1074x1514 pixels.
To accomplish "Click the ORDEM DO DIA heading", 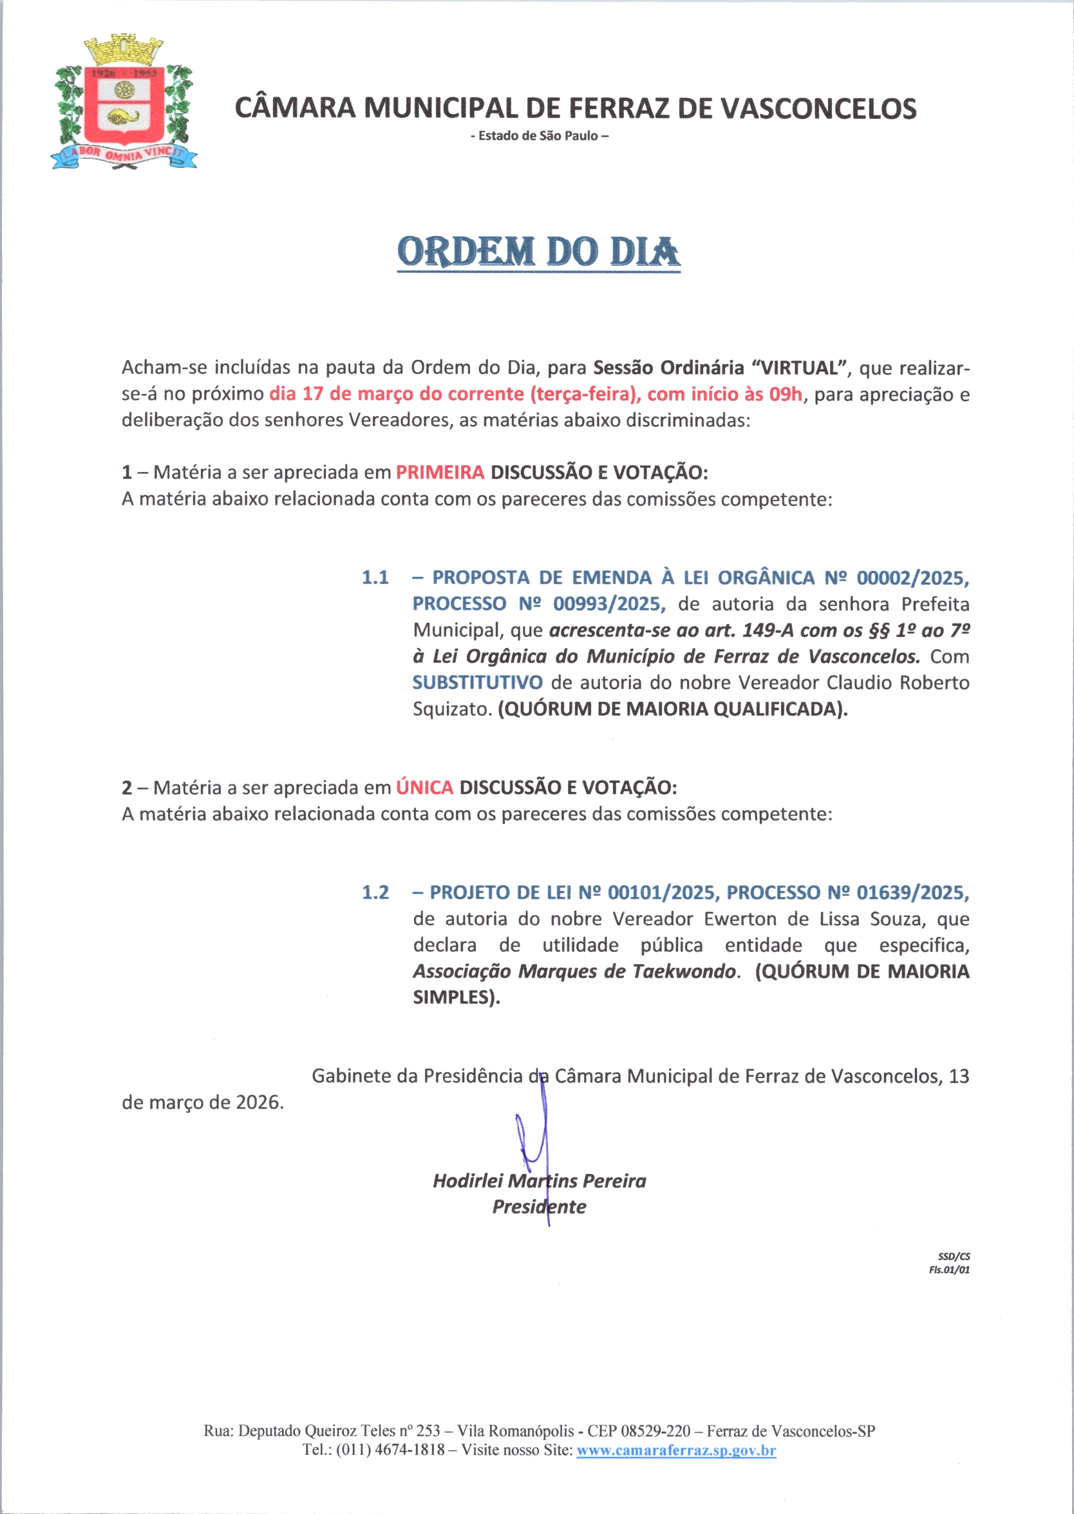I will click(x=538, y=252).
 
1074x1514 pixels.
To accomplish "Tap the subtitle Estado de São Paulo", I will click(x=539, y=137).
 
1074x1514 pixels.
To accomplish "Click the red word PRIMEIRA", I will click(x=440, y=472).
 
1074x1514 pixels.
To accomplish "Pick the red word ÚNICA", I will click(x=424, y=787).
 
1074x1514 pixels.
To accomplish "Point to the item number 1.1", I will click(x=375, y=578).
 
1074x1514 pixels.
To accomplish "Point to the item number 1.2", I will click(x=375, y=893).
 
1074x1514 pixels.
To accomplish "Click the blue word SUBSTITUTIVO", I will click(x=478, y=682).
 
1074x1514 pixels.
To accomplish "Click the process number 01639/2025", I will click(x=912, y=893).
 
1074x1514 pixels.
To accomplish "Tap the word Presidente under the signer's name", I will click(x=539, y=1206).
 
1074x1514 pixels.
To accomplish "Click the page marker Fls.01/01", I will click(x=949, y=1269).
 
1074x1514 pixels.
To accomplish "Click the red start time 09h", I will click(x=785, y=394).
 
